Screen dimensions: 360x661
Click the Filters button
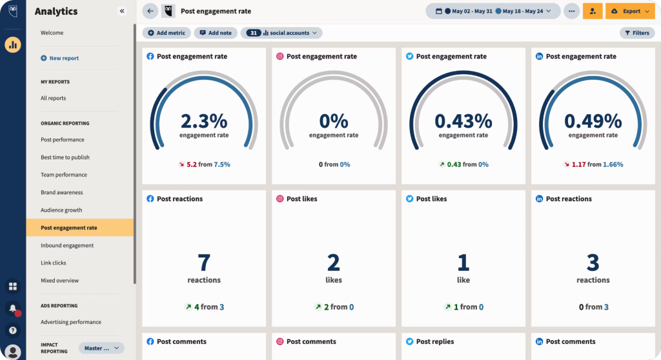click(636, 33)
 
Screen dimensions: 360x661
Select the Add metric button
click(167, 33)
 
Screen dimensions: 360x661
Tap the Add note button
click(216, 33)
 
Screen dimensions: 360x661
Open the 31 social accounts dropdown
click(281, 33)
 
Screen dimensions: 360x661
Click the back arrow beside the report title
click(150, 11)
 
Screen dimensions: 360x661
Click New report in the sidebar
click(64, 58)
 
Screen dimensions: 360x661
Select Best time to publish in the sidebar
click(65, 157)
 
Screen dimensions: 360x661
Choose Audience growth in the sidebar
click(61, 210)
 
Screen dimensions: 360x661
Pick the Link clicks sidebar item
click(54, 263)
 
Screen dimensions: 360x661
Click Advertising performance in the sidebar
click(71, 322)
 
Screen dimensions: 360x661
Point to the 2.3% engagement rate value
click(204, 121)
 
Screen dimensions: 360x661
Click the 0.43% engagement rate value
click(463, 121)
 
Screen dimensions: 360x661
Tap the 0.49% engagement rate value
click(593, 121)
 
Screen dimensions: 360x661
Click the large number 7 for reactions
click(204, 262)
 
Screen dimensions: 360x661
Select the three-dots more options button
click(571, 11)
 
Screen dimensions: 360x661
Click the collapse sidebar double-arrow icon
click(122, 11)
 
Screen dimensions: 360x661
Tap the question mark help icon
click(13, 330)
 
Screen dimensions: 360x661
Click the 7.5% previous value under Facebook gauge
click(222, 165)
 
